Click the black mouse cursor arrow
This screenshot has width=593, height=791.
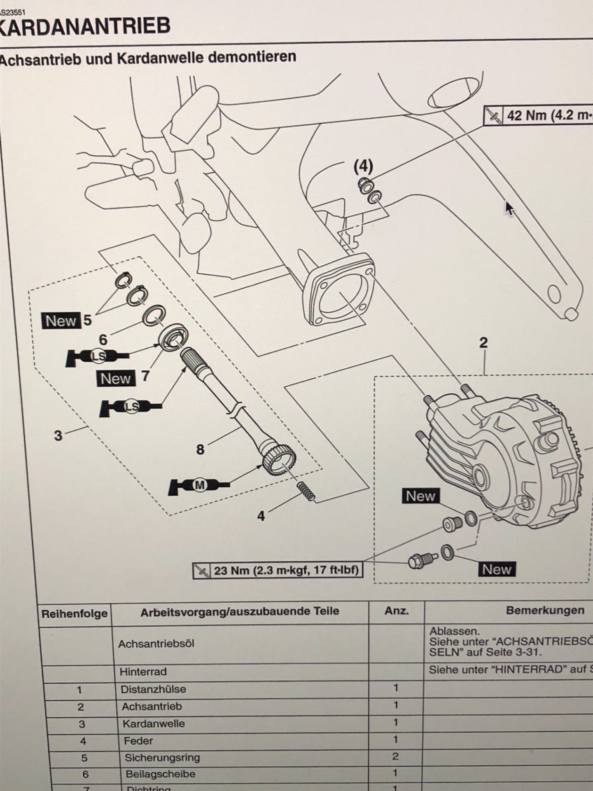click(509, 208)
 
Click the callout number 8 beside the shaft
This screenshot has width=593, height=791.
click(200, 449)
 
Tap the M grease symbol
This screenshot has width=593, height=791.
click(200, 485)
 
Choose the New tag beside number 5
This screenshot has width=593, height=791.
click(61, 321)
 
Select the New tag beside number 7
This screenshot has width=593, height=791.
click(116, 379)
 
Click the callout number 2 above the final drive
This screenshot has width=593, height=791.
click(483, 343)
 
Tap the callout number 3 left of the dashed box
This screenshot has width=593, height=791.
click(58, 435)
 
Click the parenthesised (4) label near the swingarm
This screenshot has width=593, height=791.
click(363, 166)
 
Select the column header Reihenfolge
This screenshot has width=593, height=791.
click(75, 614)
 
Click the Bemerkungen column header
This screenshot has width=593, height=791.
click(544, 611)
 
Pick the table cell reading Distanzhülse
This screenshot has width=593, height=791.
click(153, 689)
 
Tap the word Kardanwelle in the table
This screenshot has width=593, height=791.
click(154, 724)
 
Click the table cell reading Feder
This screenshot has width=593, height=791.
click(138, 741)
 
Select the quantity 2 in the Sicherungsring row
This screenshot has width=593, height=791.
click(395, 756)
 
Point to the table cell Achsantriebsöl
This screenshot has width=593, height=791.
click(156, 644)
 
